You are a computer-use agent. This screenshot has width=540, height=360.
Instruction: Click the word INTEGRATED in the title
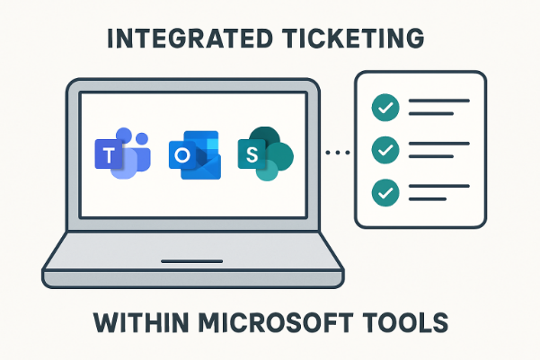click(x=186, y=40)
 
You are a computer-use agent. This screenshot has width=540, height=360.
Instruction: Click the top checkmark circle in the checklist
click(x=385, y=108)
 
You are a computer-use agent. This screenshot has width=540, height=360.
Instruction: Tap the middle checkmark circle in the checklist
click(x=385, y=149)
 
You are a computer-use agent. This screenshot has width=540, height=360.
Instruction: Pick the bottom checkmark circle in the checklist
click(x=385, y=191)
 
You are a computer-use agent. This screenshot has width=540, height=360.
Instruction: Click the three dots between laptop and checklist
click(x=337, y=154)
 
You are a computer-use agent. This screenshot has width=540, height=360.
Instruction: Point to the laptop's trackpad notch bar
click(x=192, y=263)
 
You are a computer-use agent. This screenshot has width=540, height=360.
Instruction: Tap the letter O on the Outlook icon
click(x=182, y=156)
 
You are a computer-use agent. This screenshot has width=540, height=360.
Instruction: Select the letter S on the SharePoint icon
click(x=252, y=155)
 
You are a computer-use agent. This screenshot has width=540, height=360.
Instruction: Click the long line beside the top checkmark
click(x=438, y=101)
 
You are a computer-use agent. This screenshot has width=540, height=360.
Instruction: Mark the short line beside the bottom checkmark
click(x=428, y=198)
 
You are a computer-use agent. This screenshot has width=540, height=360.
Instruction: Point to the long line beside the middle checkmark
click(x=438, y=144)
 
